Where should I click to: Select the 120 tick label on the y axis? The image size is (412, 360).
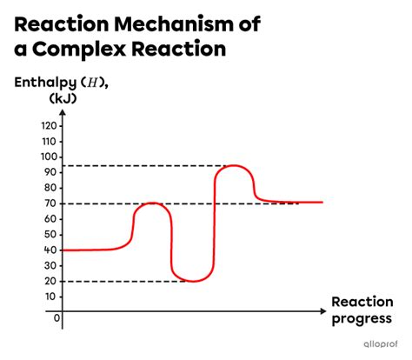[x=49, y=125]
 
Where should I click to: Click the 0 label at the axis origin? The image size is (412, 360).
[x=56, y=317]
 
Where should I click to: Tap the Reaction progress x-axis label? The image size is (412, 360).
[x=361, y=310]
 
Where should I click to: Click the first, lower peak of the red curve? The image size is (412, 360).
[x=153, y=203]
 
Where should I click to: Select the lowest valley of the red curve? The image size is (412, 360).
[x=192, y=281]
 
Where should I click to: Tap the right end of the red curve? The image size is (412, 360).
[x=322, y=202]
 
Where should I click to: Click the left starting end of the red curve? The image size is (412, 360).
[x=67, y=250]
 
